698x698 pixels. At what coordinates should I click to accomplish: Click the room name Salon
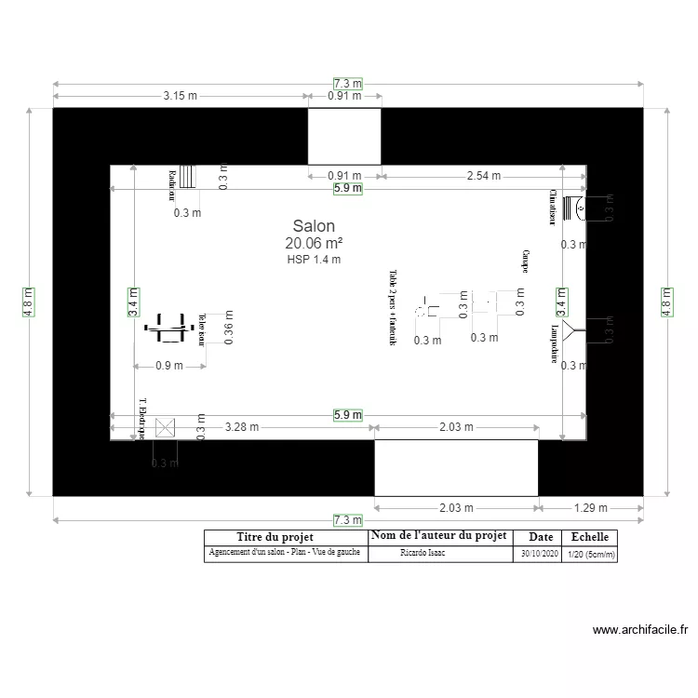click(314, 226)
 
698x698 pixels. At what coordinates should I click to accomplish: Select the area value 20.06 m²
click(314, 243)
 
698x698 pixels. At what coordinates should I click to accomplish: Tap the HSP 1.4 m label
click(314, 260)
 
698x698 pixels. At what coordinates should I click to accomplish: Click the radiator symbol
click(188, 177)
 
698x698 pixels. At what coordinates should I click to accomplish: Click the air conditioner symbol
click(578, 208)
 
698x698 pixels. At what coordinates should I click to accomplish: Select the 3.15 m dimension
click(181, 95)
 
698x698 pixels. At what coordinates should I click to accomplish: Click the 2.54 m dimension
click(483, 175)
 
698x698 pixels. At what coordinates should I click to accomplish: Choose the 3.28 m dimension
click(243, 427)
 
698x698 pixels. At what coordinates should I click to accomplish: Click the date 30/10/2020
click(540, 553)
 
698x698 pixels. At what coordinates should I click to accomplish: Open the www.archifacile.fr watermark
click(640, 630)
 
